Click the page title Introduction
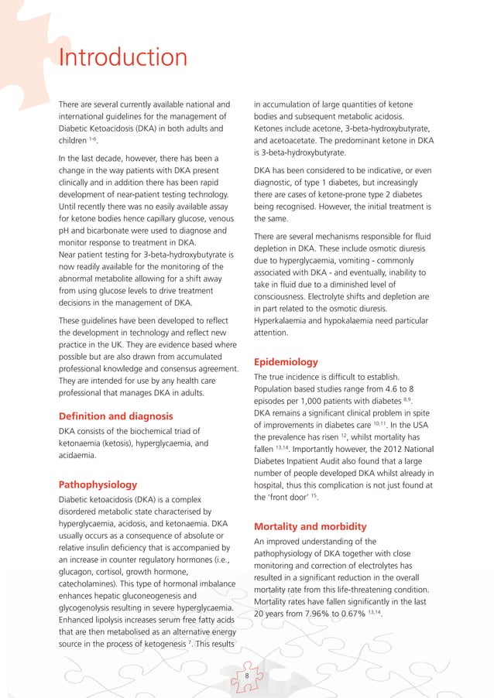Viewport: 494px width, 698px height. [122, 58]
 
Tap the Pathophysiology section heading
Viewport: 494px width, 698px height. [98, 484]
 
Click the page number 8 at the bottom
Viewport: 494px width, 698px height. [246, 676]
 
